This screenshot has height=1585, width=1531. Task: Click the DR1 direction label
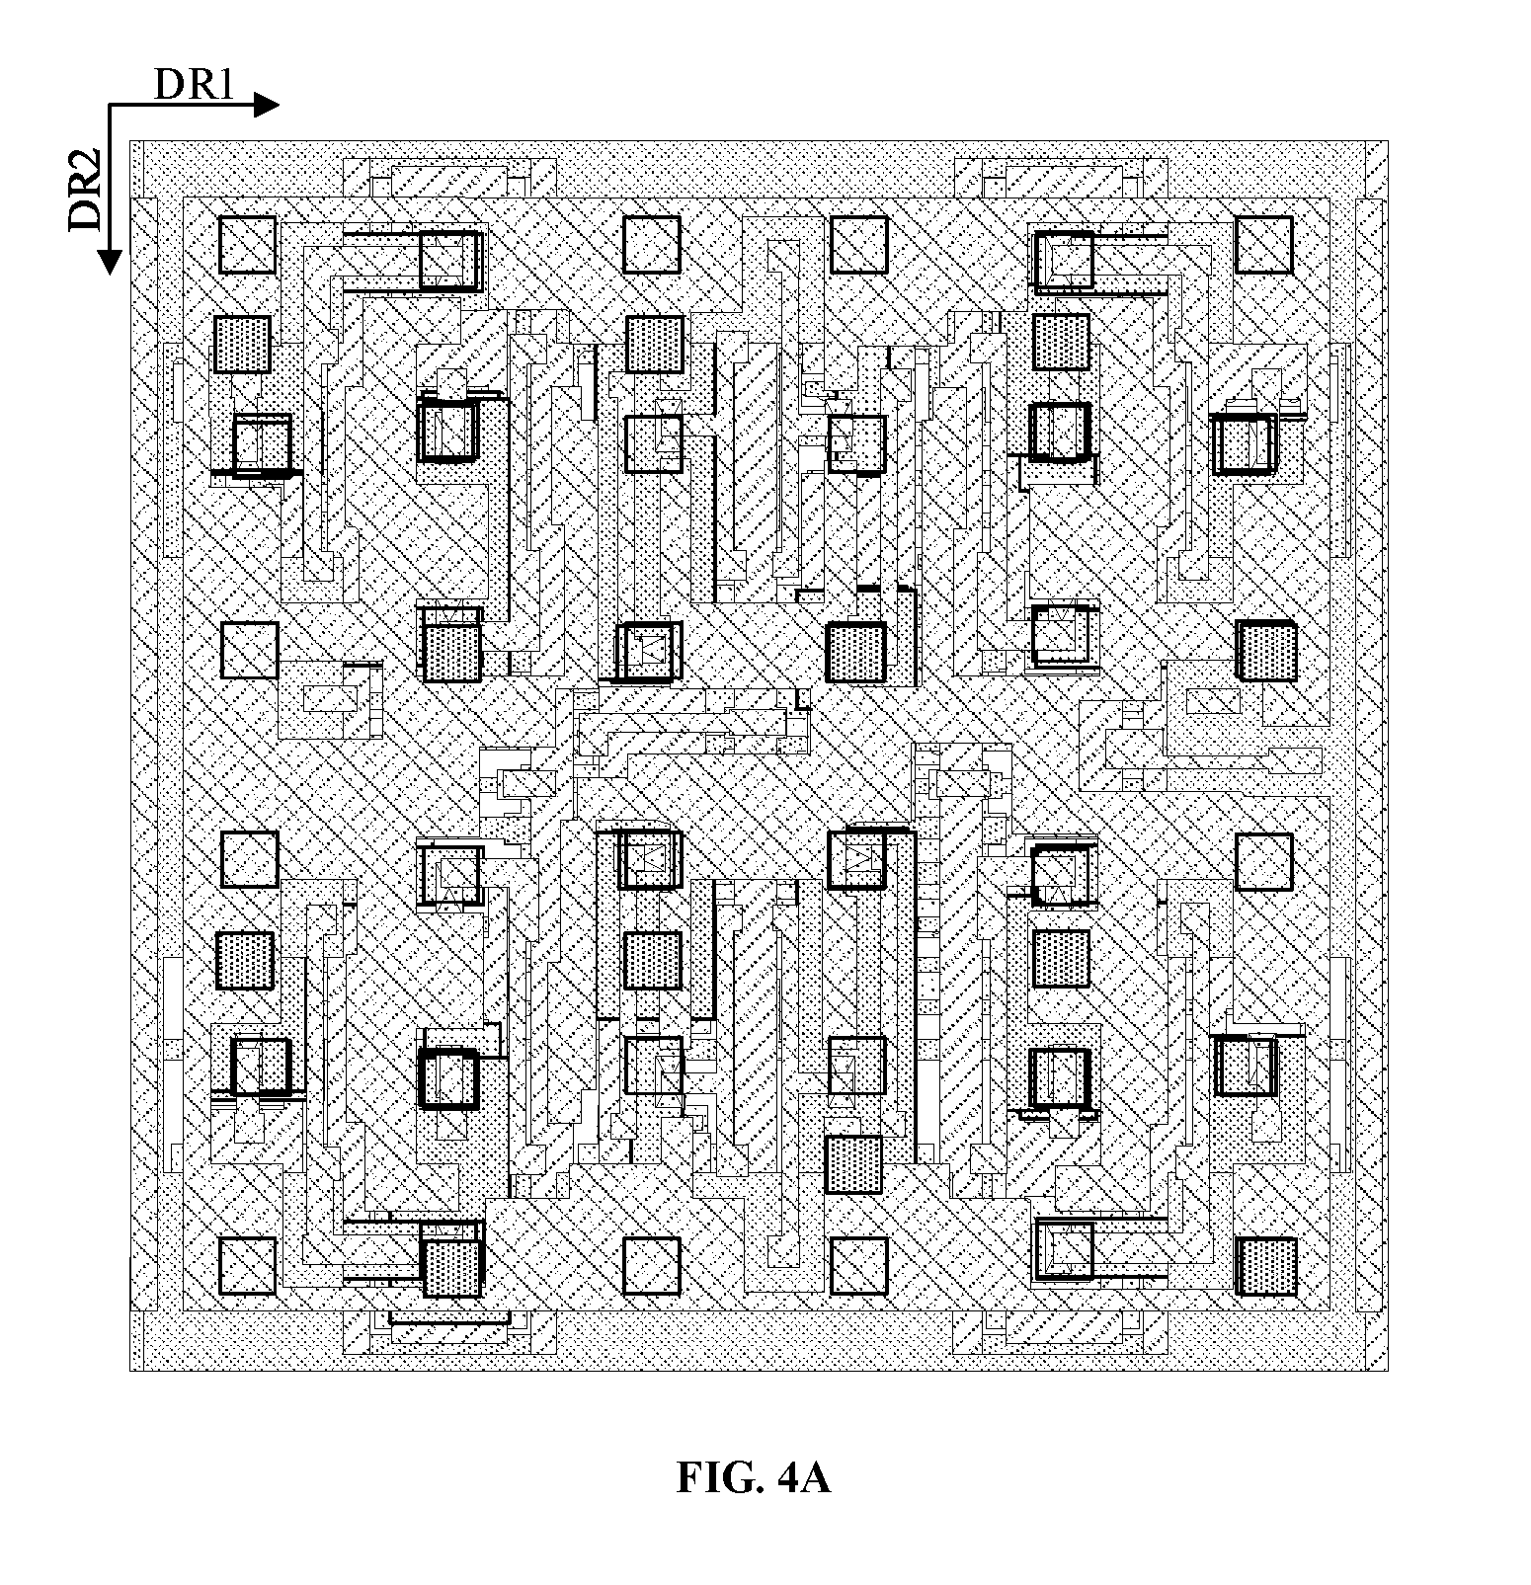click(x=194, y=86)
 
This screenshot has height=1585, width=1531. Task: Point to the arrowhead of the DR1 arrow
click(x=268, y=105)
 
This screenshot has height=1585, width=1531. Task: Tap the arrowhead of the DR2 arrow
click(x=110, y=263)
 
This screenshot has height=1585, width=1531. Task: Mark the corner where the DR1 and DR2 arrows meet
click(x=110, y=105)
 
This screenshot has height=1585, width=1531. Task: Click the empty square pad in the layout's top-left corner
click(x=247, y=245)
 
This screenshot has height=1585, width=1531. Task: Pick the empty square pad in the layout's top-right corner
click(x=1263, y=245)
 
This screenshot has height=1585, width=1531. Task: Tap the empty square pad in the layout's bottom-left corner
click(x=247, y=1266)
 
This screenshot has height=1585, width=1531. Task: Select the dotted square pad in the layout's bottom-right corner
click(x=1266, y=1266)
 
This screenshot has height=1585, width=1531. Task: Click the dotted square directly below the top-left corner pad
click(x=242, y=344)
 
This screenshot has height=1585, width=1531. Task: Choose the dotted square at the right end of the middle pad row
click(x=1266, y=651)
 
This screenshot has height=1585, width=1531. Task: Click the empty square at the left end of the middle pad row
click(x=249, y=650)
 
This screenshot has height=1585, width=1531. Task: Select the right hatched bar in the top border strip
click(x=1064, y=181)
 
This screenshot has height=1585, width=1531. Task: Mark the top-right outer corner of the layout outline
click(x=1388, y=140)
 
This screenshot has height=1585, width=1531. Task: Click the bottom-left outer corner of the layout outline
click(x=130, y=1371)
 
